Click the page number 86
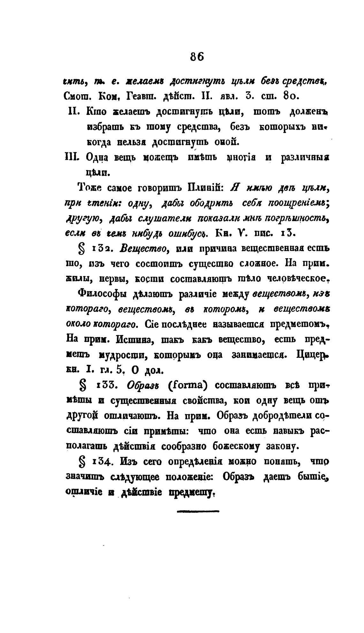pos(197,57)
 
